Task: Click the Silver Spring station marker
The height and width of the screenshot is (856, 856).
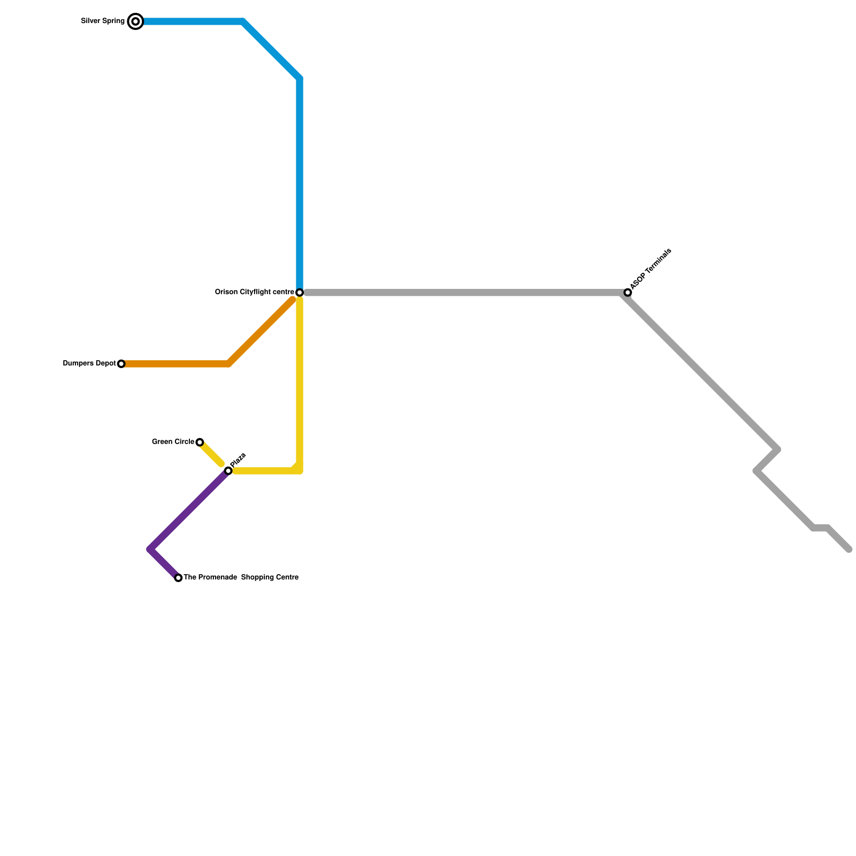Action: point(136,21)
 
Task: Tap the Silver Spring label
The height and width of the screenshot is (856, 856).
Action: point(103,21)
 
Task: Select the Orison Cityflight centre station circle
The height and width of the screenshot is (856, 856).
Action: point(300,293)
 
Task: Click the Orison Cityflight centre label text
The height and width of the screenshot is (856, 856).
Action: point(254,292)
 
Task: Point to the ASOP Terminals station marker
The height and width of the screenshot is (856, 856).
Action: point(628,293)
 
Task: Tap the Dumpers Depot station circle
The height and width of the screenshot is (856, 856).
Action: point(121,364)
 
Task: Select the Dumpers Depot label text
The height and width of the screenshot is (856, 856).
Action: point(89,364)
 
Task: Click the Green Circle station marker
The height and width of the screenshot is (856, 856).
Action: point(200,442)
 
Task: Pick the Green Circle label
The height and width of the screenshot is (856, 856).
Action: point(173,442)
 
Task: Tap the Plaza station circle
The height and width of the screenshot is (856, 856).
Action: point(228,471)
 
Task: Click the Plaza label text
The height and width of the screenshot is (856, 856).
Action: point(238,460)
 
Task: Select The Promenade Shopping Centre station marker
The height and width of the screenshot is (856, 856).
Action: point(178,578)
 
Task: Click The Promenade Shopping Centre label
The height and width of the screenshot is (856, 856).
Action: point(241,578)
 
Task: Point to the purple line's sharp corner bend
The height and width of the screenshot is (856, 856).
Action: point(150,549)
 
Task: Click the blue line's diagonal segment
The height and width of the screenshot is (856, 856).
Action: point(272,50)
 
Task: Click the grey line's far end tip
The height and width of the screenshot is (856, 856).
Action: point(849,549)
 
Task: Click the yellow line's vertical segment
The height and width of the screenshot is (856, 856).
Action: point(300,385)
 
